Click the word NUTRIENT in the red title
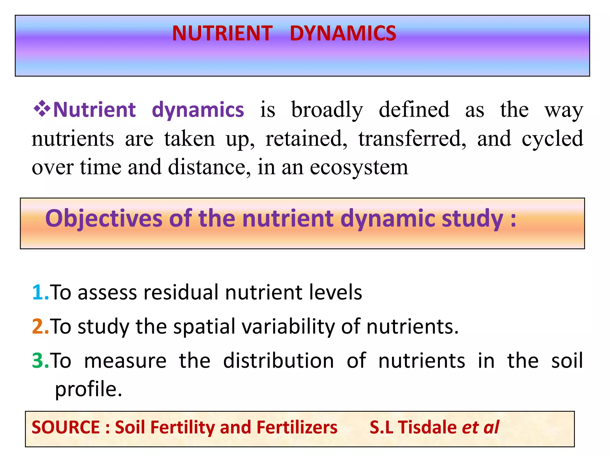[222, 33]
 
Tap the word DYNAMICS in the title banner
[343, 33]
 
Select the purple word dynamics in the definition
[198, 110]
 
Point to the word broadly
[327, 110]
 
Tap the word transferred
[412, 139]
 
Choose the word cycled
[552, 139]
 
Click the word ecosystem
[359, 168]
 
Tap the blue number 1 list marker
[39, 292]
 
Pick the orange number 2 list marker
[39, 326]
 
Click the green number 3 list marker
[39, 361]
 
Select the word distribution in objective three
[278, 361]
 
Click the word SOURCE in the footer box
[66, 428]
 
